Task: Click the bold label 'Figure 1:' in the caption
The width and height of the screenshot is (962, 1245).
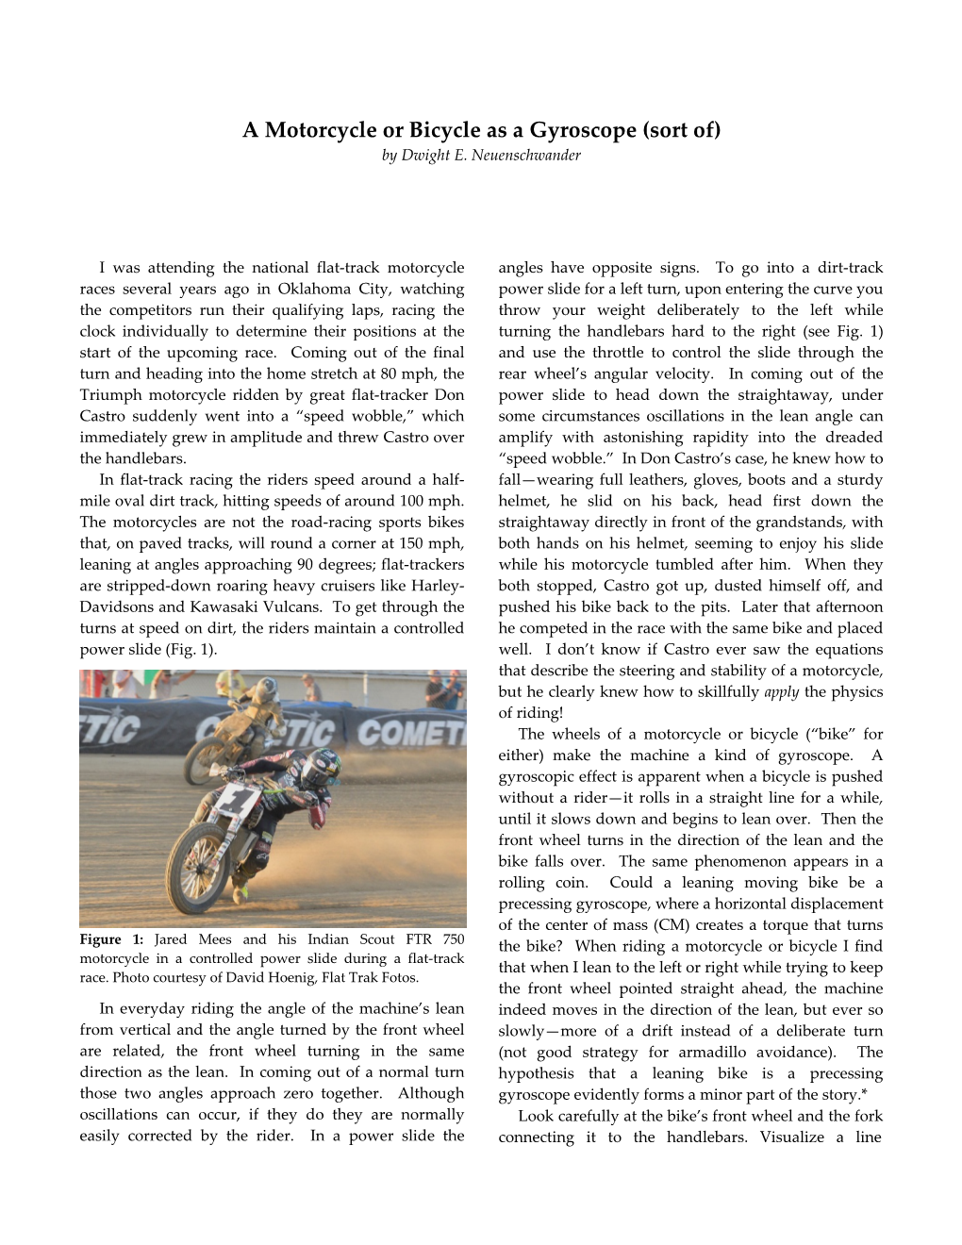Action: point(111,939)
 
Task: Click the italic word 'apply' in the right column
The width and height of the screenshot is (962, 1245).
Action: point(781,691)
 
